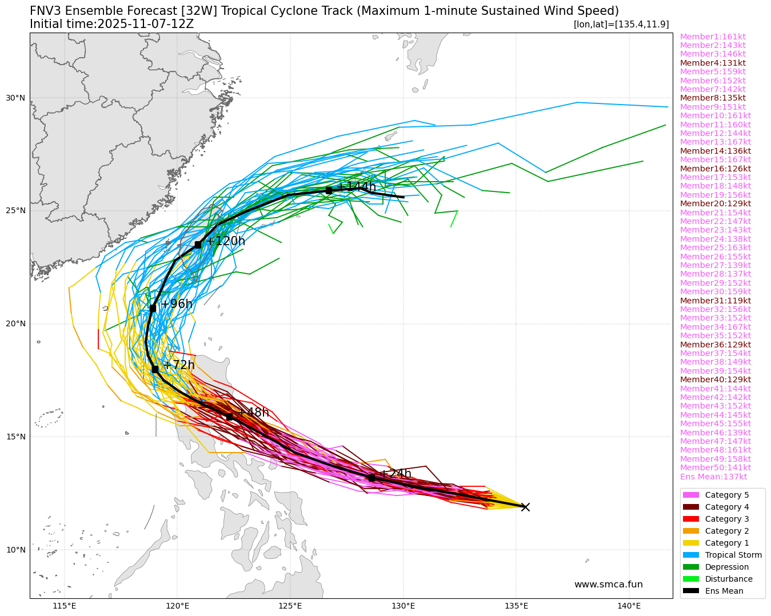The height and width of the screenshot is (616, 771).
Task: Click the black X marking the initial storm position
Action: pos(525,507)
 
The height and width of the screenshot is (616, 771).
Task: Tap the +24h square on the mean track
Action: pos(371,478)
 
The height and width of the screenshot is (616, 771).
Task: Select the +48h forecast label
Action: pos(253,413)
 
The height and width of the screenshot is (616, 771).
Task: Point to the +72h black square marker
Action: pos(155,369)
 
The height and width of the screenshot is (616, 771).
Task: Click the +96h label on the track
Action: pos(177,304)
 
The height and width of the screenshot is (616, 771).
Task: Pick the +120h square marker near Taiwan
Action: pos(198,245)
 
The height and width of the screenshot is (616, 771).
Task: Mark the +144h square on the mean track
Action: pos(329,190)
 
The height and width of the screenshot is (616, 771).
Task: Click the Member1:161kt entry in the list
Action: pos(713,37)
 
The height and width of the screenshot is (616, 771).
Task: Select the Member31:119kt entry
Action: pos(715,301)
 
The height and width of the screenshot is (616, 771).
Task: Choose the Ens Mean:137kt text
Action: pos(713,477)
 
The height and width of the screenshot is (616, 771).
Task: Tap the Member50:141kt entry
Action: pos(715,467)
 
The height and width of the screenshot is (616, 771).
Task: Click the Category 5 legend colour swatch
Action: pos(691,495)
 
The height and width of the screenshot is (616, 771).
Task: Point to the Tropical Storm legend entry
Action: pos(733,555)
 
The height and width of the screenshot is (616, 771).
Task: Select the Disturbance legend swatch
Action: pos(691,579)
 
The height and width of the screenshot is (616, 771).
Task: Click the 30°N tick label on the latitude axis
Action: pos(15,98)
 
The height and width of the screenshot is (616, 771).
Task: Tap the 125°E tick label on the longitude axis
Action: pos(290,606)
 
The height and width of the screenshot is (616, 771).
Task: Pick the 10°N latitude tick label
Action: pos(15,550)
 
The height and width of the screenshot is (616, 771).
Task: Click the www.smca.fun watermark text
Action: pos(608,585)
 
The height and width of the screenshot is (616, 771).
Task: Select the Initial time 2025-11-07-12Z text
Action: pos(111,24)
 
